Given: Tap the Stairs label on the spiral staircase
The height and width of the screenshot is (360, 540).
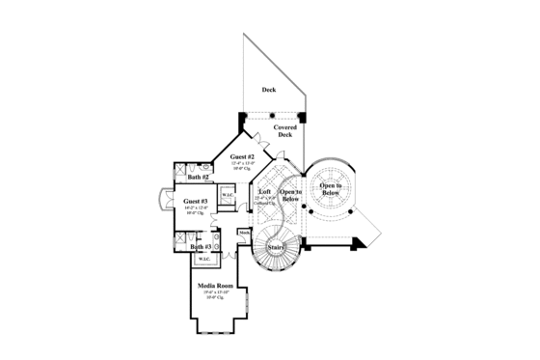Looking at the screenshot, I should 276,248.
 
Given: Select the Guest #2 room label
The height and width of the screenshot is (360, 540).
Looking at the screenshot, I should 242,157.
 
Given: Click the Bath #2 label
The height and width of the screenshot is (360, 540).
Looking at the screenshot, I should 199,178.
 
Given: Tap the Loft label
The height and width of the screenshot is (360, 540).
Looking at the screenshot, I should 265,192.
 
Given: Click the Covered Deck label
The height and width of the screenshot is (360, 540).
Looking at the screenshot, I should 284,130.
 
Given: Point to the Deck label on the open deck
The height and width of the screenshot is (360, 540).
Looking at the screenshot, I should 268,91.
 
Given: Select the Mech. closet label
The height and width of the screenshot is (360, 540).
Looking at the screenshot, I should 244,233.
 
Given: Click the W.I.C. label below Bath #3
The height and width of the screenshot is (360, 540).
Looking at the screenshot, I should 204,260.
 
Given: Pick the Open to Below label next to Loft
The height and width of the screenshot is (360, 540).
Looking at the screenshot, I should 291,195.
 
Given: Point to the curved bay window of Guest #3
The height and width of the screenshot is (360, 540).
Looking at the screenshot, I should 162,203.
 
